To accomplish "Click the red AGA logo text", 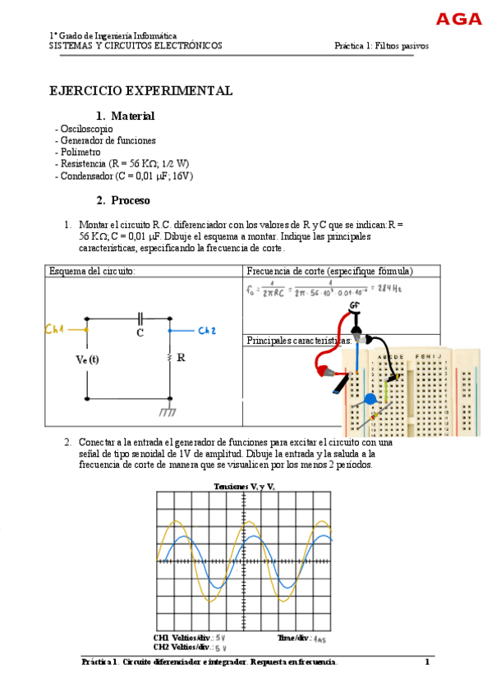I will click(458, 19).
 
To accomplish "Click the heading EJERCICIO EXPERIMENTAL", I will click(141, 91).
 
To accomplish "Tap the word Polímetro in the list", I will click(80, 152).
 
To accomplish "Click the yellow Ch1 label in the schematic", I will click(55, 330).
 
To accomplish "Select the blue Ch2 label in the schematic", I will click(207, 331).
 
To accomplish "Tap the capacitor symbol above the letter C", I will click(140, 318).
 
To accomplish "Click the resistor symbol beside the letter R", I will click(170, 358).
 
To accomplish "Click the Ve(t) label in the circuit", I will click(87, 359).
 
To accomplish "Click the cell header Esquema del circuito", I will click(92, 271).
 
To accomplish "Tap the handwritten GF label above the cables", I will click(355, 305).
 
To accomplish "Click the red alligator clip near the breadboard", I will click(323, 370).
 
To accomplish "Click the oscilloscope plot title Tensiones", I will click(244, 487).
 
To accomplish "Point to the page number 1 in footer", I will click(427, 662).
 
